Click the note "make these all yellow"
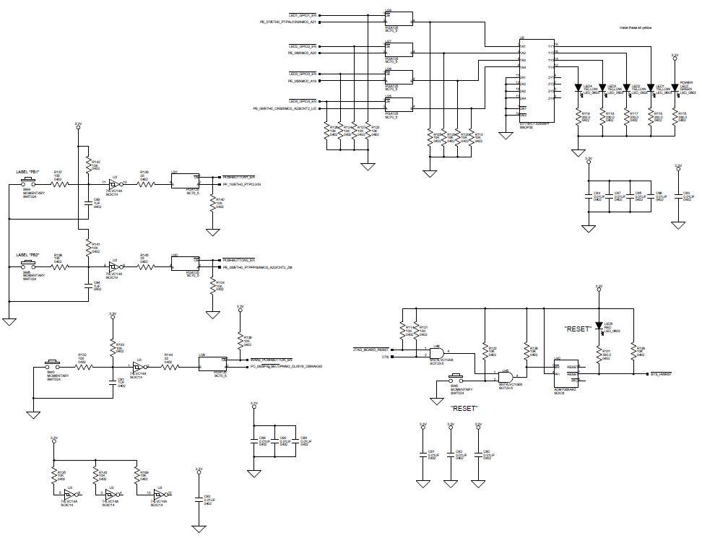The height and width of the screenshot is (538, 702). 636,27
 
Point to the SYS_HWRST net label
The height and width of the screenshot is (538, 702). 661,374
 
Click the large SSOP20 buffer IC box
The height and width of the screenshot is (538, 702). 535,79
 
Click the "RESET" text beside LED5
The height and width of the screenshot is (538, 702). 578,329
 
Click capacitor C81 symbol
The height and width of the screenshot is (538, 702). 423,454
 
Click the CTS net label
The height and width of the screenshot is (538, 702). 385,357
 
